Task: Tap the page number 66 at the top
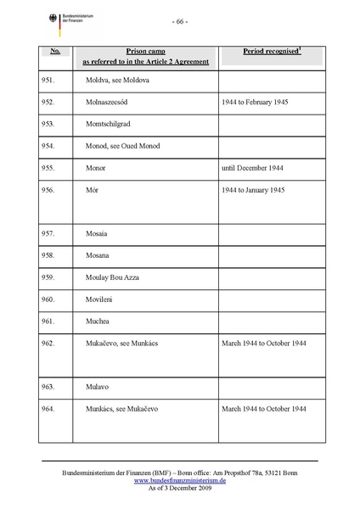click(x=179, y=20)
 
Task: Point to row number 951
click(x=48, y=80)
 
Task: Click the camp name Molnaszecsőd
click(x=114, y=102)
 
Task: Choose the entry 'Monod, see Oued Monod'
click(x=123, y=146)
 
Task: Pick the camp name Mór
click(x=92, y=190)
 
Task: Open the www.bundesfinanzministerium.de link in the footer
click(x=179, y=479)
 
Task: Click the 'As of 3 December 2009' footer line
click(x=179, y=488)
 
